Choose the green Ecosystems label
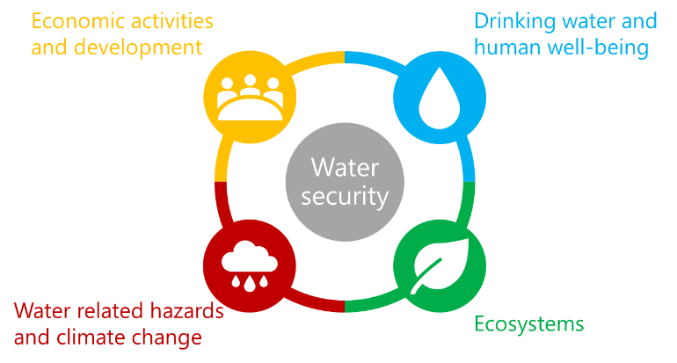click(528, 323)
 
